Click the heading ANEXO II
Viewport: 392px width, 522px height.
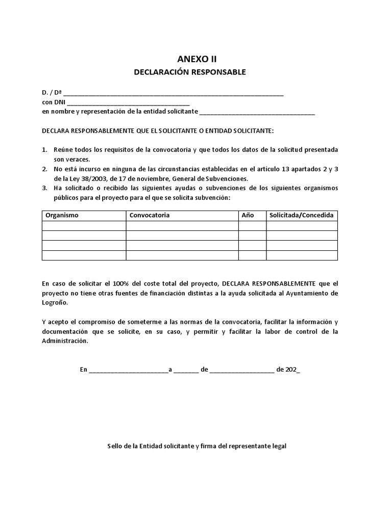(190, 59)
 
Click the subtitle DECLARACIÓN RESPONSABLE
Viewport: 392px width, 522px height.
(190, 72)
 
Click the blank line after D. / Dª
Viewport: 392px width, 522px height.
(174, 94)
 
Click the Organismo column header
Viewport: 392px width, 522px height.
(62, 215)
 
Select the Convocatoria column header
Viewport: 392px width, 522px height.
(150, 215)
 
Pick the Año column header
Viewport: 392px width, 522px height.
(248, 215)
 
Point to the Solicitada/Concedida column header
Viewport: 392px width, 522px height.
(301, 215)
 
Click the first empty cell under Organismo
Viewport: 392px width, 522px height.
(84, 226)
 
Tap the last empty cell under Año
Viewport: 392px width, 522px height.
(252, 255)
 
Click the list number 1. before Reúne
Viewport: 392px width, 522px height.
(44, 150)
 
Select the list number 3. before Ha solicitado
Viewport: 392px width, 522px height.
(44, 188)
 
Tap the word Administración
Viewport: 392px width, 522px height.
(65, 341)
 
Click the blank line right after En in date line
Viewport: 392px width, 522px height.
(129, 370)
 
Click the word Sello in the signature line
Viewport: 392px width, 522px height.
(115, 446)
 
